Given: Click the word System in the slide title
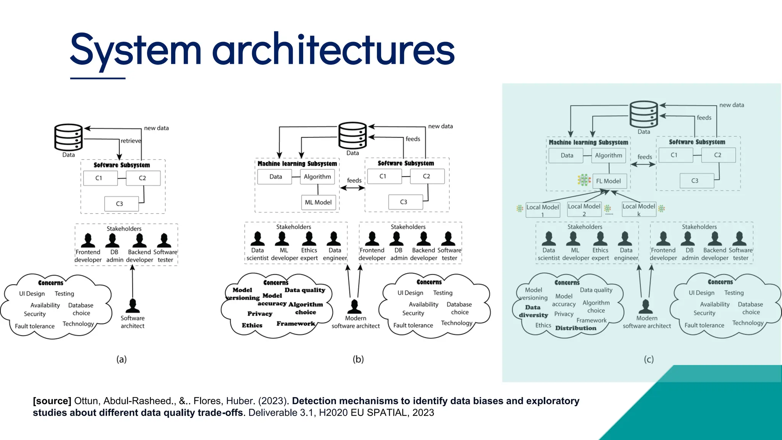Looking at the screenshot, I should [136, 50].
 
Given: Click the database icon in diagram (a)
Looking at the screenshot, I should [68, 137].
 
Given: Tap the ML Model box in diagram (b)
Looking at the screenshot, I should [318, 202].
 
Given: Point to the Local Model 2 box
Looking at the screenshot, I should [584, 209].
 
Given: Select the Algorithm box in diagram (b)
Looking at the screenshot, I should [317, 176].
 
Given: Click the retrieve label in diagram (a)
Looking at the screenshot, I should [131, 141].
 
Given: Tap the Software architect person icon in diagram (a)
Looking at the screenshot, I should [132, 306].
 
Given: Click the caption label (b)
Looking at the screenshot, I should [358, 359].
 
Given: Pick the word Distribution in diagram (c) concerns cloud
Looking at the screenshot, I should [575, 328].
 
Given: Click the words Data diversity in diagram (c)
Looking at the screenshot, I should [533, 311].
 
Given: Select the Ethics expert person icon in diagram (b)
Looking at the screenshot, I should [309, 239].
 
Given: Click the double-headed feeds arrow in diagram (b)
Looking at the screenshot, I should [352, 188].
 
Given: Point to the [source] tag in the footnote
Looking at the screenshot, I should [52, 401].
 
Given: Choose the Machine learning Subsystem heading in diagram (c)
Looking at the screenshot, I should [588, 142].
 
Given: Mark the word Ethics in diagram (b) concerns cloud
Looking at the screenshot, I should [252, 325].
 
